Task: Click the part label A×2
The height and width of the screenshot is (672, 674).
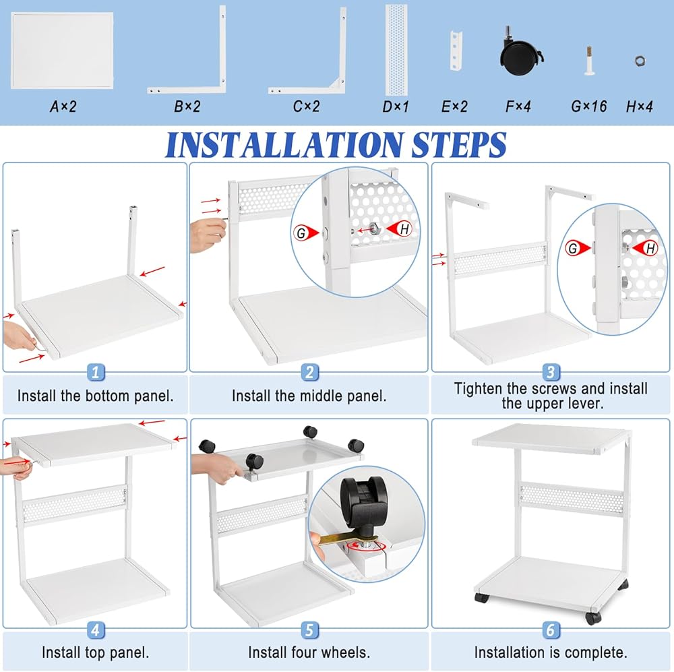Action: point(63,106)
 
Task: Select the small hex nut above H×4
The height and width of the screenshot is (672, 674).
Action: point(640,61)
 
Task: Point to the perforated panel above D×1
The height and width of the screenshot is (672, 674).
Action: point(396,50)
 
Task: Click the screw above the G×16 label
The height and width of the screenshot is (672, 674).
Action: point(589,60)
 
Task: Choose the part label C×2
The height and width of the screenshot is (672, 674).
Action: point(307,106)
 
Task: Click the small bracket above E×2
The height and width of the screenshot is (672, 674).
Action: point(456,50)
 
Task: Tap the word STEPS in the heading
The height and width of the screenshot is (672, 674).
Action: point(458,144)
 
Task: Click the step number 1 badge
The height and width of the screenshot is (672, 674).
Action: point(96,372)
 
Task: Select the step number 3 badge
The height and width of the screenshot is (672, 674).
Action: point(551,372)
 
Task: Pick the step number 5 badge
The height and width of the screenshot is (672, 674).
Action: point(309,630)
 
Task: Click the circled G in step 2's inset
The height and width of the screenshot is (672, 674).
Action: point(301,233)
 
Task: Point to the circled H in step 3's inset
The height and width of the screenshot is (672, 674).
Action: point(650,248)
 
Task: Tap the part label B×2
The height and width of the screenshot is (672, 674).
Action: point(187,106)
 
